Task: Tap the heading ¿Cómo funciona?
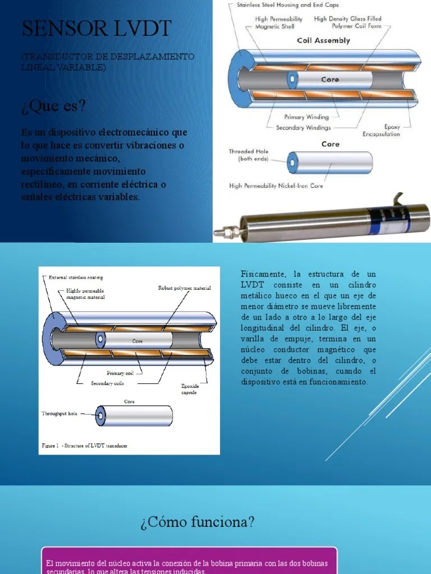197,522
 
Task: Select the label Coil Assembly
323,40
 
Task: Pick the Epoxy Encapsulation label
382,131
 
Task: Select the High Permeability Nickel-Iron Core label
276,186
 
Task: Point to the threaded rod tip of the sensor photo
224,230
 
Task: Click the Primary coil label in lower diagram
120,373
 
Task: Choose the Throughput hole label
59,414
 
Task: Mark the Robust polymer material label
184,288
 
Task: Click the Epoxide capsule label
189,389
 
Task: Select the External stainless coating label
76,277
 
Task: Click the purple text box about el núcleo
189,563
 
